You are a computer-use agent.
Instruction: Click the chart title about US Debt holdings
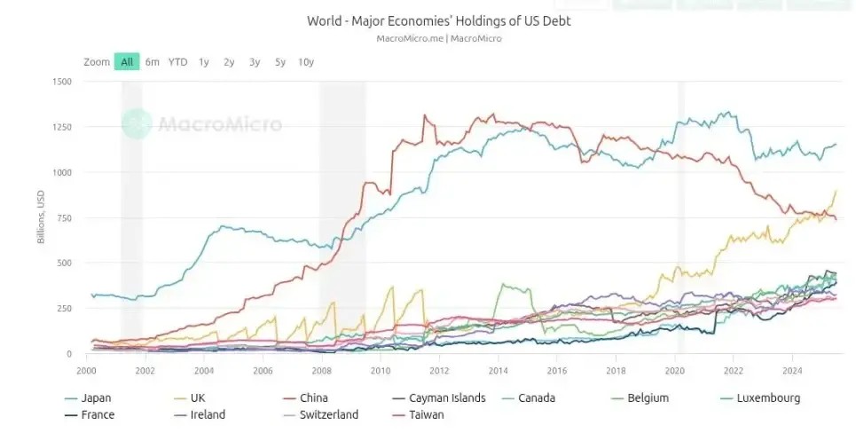coord(438,20)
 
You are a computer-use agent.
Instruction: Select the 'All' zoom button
coord(127,62)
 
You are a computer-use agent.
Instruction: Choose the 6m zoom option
coord(153,62)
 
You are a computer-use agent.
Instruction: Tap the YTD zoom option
coord(178,62)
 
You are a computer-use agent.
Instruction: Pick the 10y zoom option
coord(306,62)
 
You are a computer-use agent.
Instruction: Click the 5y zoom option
coord(280,62)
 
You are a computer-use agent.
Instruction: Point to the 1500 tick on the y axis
coord(62,82)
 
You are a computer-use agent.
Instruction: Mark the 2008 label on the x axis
coord(321,371)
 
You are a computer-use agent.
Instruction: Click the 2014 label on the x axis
coord(498,371)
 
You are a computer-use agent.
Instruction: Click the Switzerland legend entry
coord(328,414)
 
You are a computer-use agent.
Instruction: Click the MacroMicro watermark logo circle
coord(137,124)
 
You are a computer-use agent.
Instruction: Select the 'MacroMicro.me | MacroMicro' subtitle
coord(438,38)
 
